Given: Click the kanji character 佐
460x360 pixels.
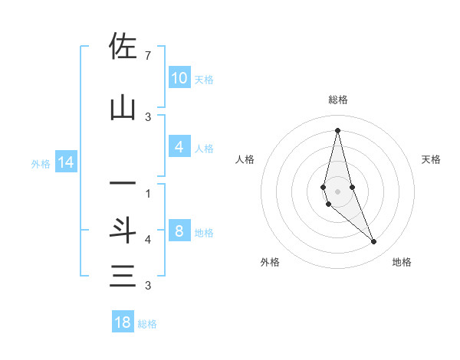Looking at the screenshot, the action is point(123,47).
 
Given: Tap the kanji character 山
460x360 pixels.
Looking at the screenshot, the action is point(123,108).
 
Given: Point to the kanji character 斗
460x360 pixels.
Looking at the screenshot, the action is point(123,231).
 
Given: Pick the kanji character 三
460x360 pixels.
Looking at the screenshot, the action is point(123,275).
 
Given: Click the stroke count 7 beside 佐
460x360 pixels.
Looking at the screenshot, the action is point(147,56).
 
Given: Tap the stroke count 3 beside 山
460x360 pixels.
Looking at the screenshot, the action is point(147,116).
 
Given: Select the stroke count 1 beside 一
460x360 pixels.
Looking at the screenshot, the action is point(147,193).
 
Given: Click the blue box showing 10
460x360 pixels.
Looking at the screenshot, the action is point(179,77).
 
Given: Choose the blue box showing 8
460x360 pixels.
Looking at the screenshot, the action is point(179,231).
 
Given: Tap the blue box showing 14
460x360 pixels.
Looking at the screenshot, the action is point(66,162).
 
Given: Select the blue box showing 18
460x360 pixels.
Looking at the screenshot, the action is point(123,322).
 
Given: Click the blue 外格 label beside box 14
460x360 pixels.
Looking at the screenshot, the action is point(41,163).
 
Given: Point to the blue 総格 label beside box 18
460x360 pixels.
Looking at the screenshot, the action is point(147,324).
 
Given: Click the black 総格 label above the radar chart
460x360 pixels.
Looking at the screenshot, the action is point(337,100).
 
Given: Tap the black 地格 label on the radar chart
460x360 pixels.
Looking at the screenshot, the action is point(402,262).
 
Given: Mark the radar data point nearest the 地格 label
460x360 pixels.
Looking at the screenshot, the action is point(373,241).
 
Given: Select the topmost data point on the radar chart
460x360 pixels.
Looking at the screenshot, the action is point(337,130).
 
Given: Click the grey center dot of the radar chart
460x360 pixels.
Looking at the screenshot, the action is point(337,191).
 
